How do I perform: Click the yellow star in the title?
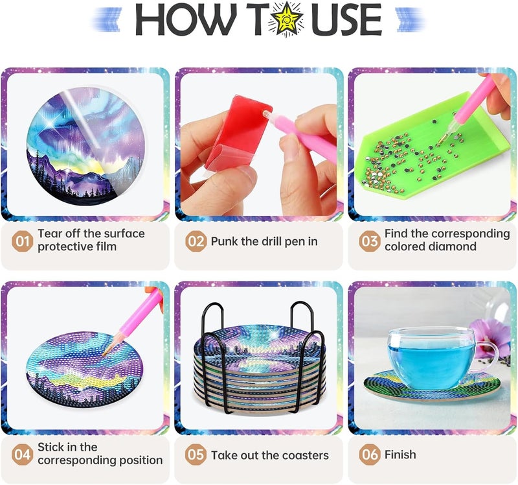285,19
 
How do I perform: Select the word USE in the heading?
346,19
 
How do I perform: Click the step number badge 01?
22,241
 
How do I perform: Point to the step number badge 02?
196,241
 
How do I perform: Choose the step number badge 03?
370,241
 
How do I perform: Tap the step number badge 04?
22,455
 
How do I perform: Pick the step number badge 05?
196,455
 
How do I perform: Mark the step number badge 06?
370,455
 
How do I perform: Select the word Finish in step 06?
400,455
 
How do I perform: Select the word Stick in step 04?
51,447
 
